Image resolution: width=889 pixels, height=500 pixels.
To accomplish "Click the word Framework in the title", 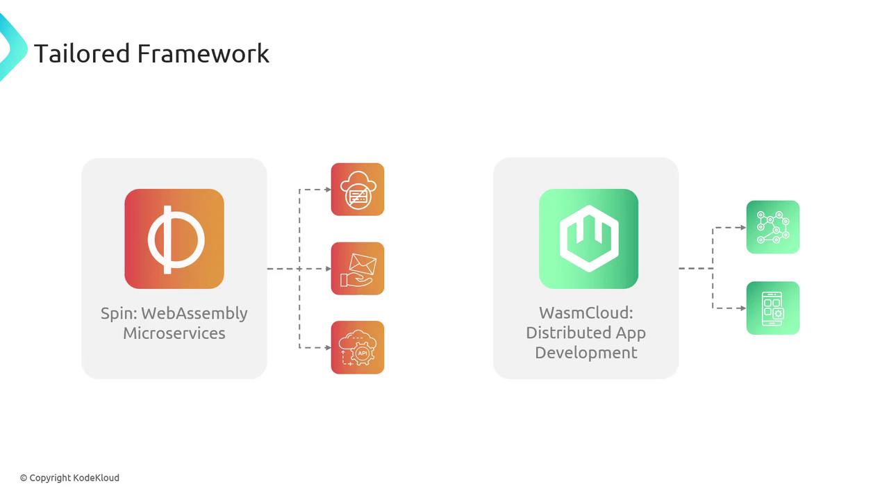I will pos(203,53).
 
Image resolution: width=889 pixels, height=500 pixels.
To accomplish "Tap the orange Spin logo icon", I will pos(174,239).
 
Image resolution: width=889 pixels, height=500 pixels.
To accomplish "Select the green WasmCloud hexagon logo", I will pos(588,239).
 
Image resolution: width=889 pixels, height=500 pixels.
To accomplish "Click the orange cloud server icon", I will pos(358,190).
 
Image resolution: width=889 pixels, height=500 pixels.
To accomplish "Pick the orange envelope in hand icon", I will pos(358,269).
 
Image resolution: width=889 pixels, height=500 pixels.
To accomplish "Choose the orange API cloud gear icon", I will pos(358,347).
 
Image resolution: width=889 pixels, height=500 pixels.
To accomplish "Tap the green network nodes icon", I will pos(773,227).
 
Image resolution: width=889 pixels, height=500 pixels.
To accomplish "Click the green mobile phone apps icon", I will pos(773,308).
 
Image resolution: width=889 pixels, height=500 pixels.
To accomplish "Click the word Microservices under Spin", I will pos(174,333).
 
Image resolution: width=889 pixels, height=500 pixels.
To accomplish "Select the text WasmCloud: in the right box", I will pos(586,313).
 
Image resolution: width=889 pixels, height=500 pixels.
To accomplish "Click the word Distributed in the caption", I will pos(563,333).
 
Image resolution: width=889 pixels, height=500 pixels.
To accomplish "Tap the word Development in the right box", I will pos(586,353).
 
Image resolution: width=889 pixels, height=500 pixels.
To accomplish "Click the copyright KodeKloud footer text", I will pos(69,478).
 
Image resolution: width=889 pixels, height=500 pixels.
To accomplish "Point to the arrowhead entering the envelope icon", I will pos(328,269).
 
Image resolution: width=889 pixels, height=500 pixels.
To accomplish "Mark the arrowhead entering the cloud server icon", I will pos(328,190).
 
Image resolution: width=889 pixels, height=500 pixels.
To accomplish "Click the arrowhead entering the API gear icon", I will pos(328,347).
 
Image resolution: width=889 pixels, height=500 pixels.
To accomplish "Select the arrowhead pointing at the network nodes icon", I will pos(742,227).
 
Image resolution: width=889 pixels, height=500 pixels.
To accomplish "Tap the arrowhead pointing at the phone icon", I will pos(742,308).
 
